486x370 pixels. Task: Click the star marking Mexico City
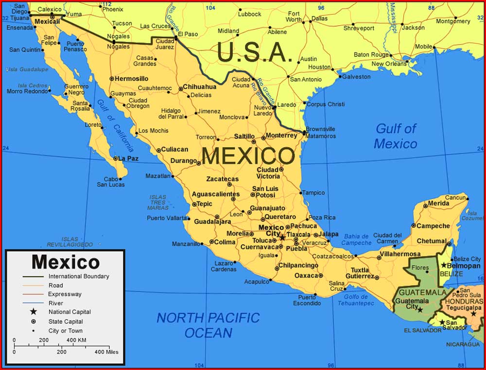click(x=282, y=237)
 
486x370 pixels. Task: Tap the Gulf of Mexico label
click(x=396, y=136)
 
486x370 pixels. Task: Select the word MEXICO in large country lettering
click(x=248, y=156)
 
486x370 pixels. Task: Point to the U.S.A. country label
click(x=255, y=52)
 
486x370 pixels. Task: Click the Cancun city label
click(x=455, y=198)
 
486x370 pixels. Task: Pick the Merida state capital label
click(x=438, y=203)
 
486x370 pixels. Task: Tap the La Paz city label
click(x=128, y=158)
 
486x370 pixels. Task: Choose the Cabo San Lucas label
click(x=110, y=182)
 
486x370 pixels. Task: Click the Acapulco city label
click(x=256, y=282)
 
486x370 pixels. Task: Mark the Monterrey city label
click(x=281, y=135)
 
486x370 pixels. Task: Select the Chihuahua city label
click(x=200, y=87)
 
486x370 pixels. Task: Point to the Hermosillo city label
click(x=132, y=78)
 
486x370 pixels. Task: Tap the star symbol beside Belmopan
click(x=444, y=265)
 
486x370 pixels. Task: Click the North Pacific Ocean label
click(x=208, y=325)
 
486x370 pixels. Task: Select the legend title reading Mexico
click(x=66, y=262)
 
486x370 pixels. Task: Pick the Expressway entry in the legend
click(x=65, y=294)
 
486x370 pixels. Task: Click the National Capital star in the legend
click(x=33, y=312)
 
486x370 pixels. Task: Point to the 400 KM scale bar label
click(x=76, y=340)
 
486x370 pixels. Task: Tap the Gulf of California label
click(x=115, y=126)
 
